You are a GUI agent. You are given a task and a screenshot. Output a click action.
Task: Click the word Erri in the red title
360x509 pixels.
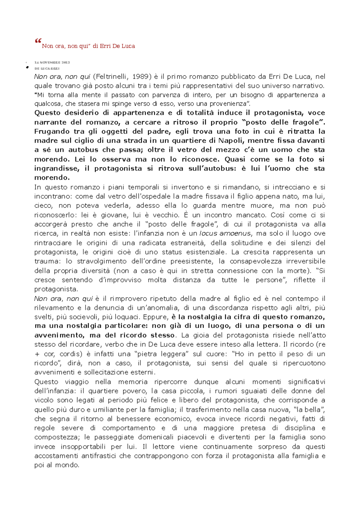tap(105, 46)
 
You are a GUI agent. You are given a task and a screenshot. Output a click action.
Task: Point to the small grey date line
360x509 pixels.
tap(52, 62)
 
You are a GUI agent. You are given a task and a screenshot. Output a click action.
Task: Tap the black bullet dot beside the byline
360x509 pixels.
tap(27, 68)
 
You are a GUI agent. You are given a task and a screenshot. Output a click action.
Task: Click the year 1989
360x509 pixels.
tap(141, 77)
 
